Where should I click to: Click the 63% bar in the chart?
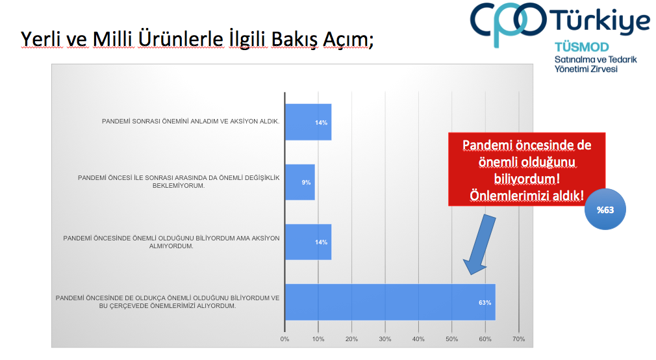click(x=390, y=302)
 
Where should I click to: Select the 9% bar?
click(x=299, y=182)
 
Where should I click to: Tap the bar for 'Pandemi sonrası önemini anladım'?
click(x=308, y=122)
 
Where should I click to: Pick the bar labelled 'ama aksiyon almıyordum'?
click(x=308, y=242)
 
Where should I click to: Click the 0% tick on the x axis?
click(x=284, y=339)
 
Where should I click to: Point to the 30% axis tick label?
click(x=385, y=339)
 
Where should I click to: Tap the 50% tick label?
click(x=452, y=339)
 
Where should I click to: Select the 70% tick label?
click(x=519, y=339)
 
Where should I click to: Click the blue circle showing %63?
click(x=605, y=209)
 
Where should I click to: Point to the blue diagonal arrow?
click(x=479, y=244)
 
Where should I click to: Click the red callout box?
click(x=527, y=169)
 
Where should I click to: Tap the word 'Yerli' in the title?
click(x=42, y=40)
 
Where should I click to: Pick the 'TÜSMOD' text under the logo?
click(x=581, y=47)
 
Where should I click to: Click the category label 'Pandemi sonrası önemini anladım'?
click(x=191, y=122)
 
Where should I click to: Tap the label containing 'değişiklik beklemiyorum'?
click(x=179, y=182)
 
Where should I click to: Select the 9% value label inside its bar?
click(x=307, y=183)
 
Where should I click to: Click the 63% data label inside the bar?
click(x=485, y=303)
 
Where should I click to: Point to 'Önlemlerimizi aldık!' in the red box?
click(x=527, y=196)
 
